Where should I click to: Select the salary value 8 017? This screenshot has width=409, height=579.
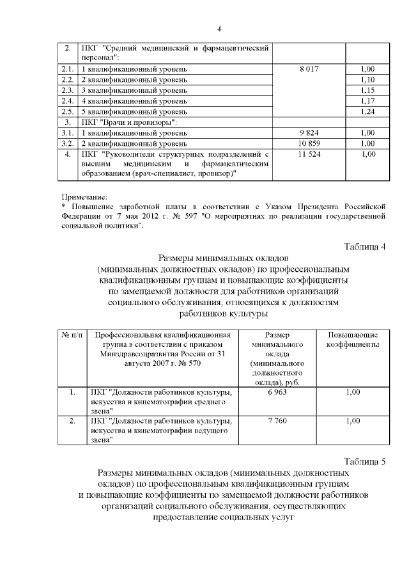click(309, 68)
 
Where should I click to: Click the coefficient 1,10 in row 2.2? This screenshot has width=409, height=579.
click(367, 79)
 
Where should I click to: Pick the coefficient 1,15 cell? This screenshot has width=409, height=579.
click(367, 90)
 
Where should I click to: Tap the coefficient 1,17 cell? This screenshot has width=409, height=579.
click(367, 101)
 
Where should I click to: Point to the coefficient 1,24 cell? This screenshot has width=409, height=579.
click(367, 111)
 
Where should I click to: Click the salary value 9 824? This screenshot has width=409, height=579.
click(309, 133)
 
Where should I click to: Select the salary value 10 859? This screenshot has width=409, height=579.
click(309, 144)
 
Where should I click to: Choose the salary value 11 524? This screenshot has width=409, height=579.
click(309, 155)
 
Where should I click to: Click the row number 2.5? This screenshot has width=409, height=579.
click(68, 111)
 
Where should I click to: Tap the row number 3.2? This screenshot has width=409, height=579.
click(68, 144)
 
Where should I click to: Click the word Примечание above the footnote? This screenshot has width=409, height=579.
click(84, 196)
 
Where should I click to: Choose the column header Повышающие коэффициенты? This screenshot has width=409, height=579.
click(353, 340)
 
